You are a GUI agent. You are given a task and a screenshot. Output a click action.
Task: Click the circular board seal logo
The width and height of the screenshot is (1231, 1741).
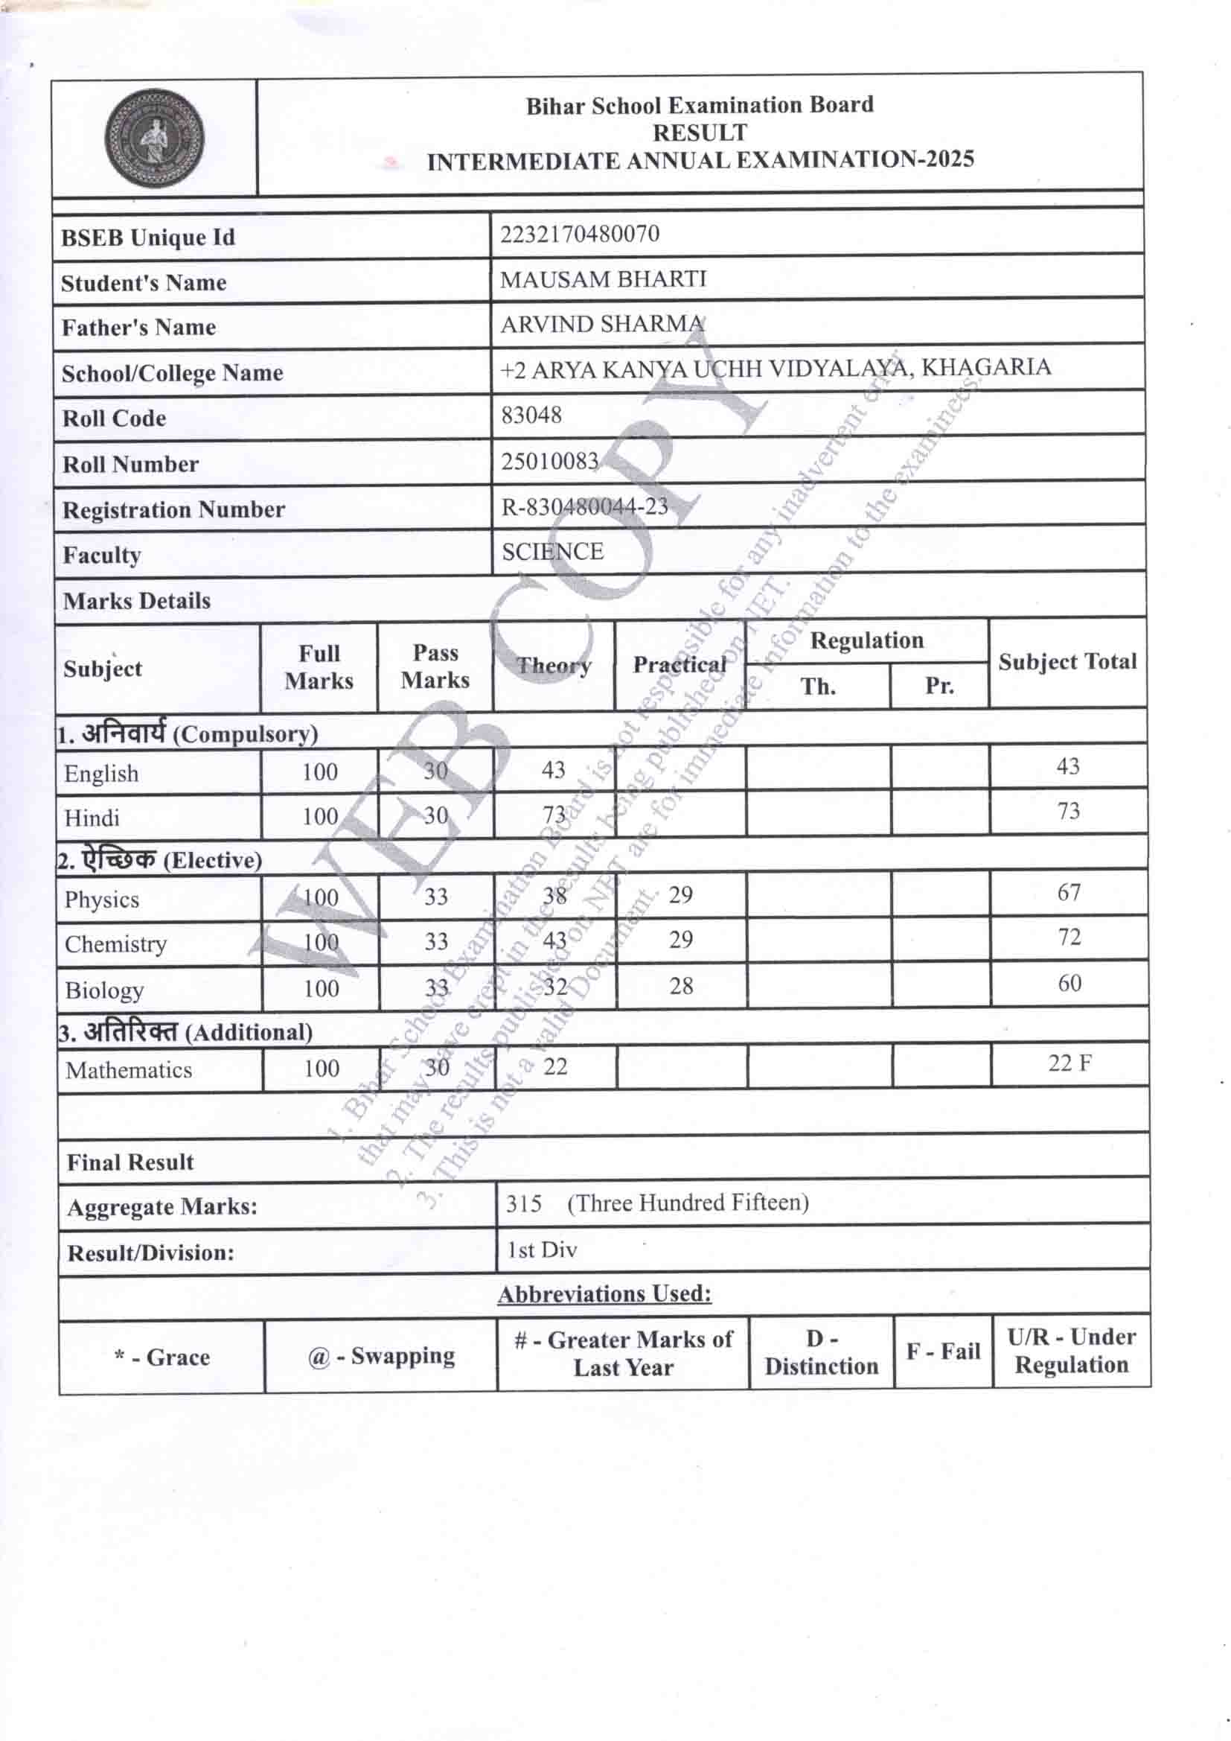click(154, 139)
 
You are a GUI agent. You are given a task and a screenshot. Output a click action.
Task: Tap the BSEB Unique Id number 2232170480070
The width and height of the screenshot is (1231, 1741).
click(579, 234)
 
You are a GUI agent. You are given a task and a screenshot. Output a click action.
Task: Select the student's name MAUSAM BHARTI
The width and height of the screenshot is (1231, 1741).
click(603, 279)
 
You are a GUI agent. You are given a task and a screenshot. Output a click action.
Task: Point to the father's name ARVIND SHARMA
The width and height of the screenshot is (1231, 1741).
click(602, 324)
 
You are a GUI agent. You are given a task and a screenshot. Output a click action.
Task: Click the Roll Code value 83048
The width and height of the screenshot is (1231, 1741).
click(531, 415)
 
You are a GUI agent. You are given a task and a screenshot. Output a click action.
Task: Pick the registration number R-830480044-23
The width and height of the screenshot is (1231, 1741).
click(584, 506)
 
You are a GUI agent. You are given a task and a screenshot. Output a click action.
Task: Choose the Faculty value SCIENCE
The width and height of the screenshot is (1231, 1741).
click(552, 551)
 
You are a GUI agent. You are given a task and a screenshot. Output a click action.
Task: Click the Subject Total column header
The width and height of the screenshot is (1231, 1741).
click(1067, 662)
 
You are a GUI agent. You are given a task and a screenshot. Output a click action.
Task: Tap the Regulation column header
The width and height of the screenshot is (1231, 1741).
click(866, 640)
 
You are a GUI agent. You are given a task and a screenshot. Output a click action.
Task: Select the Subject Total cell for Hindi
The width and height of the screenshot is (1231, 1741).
click(1068, 812)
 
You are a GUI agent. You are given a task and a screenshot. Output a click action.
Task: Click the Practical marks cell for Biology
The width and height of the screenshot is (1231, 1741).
click(681, 986)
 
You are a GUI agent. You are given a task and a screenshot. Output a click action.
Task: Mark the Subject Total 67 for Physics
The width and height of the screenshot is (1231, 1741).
click(1069, 893)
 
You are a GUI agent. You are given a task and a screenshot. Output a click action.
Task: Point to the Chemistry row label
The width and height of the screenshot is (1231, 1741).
click(115, 944)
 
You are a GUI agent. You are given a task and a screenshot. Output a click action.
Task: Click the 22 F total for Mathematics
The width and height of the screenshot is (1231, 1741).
click(1069, 1063)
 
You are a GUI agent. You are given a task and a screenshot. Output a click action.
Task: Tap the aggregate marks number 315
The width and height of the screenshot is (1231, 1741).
click(524, 1203)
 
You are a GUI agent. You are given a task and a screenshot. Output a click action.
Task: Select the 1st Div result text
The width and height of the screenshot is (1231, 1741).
click(542, 1249)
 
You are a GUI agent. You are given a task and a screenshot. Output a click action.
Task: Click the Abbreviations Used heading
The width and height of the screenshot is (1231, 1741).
click(604, 1293)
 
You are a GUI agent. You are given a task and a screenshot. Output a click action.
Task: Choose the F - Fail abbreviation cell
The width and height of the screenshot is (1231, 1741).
click(943, 1352)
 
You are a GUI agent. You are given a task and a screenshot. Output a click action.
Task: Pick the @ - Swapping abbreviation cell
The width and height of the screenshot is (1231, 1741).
click(380, 1355)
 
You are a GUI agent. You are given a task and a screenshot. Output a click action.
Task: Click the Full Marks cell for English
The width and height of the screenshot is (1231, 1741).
click(319, 772)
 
